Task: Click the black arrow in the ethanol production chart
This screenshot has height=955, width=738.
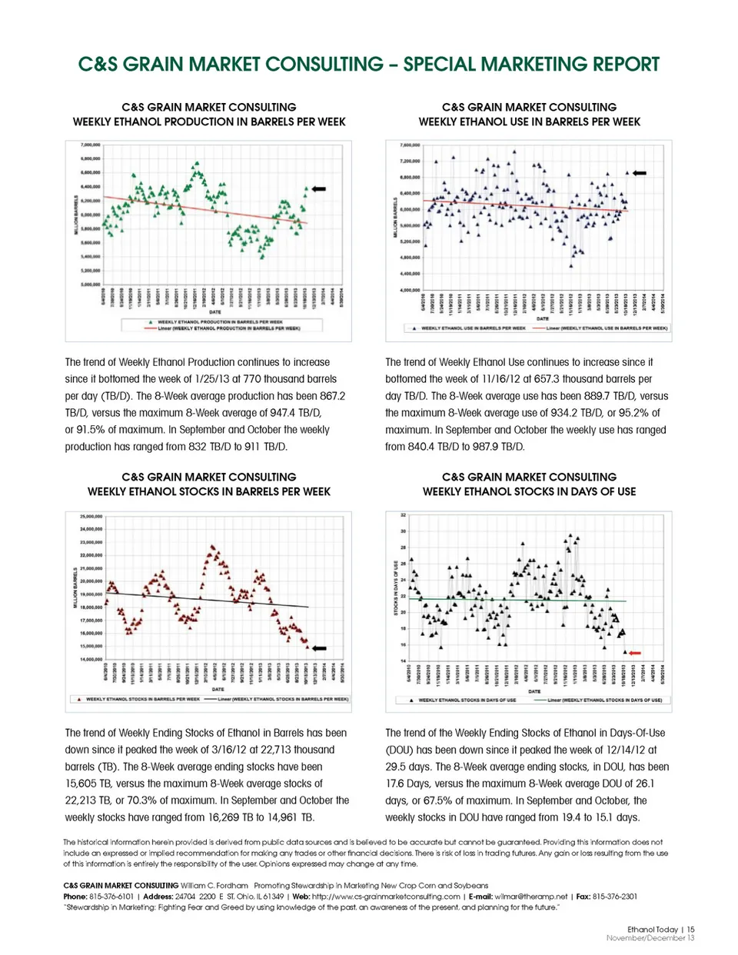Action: tap(319, 188)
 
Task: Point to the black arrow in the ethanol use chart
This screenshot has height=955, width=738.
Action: tap(639, 173)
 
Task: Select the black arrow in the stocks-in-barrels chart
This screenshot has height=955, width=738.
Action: tap(318, 648)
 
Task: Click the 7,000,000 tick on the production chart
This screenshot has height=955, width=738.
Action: tap(91, 145)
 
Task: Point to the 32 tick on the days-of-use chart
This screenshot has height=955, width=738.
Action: tap(403, 514)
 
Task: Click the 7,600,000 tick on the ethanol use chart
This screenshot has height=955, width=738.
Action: tap(411, 145)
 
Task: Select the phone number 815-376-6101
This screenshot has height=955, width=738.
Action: tap(111, 897)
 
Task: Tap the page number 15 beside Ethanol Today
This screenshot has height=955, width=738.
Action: tap(691, 930)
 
